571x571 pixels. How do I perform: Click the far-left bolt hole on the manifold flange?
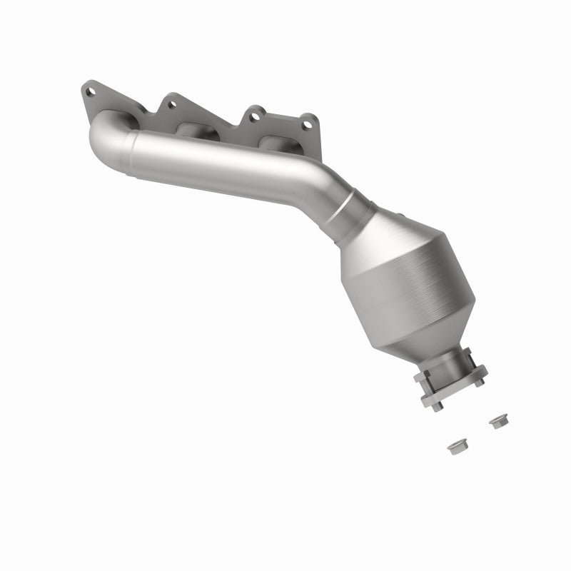tap(90, 91)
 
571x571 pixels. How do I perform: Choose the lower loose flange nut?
tap(454, 448)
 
